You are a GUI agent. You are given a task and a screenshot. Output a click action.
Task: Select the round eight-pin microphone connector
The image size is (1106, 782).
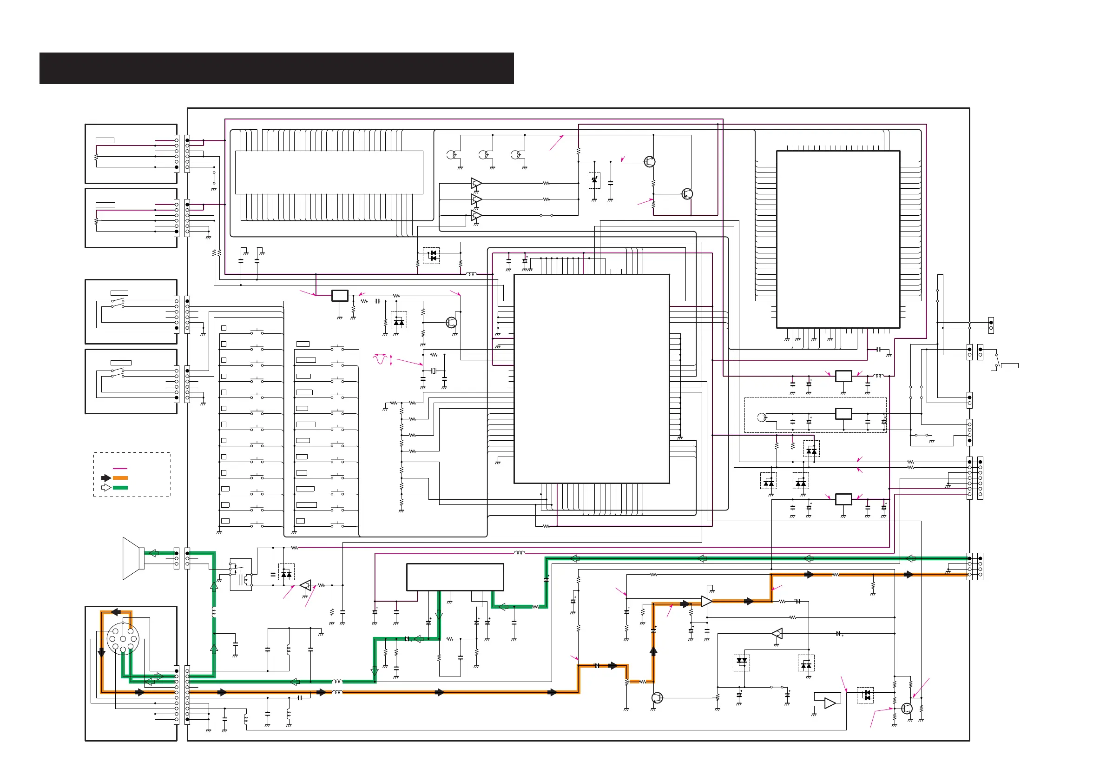point(123,638)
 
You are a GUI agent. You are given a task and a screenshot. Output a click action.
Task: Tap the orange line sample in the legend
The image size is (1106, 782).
point(120,478)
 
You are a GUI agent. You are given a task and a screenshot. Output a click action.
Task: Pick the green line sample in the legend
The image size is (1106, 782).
point(120,488)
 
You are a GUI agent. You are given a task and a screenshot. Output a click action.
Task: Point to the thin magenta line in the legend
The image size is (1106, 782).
point(120,468)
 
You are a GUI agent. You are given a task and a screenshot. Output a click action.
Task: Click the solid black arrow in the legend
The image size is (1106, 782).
point(106,478)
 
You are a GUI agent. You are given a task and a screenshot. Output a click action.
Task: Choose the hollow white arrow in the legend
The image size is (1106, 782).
point(106,488)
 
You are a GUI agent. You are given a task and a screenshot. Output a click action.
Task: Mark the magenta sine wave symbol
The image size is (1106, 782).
point(381,359)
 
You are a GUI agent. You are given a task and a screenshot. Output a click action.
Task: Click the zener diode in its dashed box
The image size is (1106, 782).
point(594,180)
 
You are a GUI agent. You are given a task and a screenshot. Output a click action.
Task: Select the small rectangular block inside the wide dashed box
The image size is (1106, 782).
point(843,413)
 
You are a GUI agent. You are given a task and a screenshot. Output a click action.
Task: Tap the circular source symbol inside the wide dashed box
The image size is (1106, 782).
point(762,417)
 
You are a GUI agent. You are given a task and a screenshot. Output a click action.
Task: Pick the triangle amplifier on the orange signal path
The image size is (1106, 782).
point(707,601)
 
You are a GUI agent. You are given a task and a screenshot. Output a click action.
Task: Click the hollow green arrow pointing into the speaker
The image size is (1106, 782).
point(153,553)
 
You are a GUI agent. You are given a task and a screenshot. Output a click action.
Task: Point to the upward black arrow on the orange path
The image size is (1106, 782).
point(654,650)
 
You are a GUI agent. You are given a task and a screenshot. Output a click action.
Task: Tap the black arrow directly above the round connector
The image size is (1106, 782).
point(116,612)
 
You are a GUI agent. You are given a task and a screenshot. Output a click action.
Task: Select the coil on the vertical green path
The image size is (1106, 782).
point(214,612)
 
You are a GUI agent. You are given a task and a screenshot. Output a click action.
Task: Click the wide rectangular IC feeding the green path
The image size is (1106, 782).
point(455,577)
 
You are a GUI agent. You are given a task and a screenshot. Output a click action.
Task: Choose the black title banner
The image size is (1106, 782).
point(276,68)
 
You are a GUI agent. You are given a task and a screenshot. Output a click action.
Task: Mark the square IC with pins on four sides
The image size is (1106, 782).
point(838,239)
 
